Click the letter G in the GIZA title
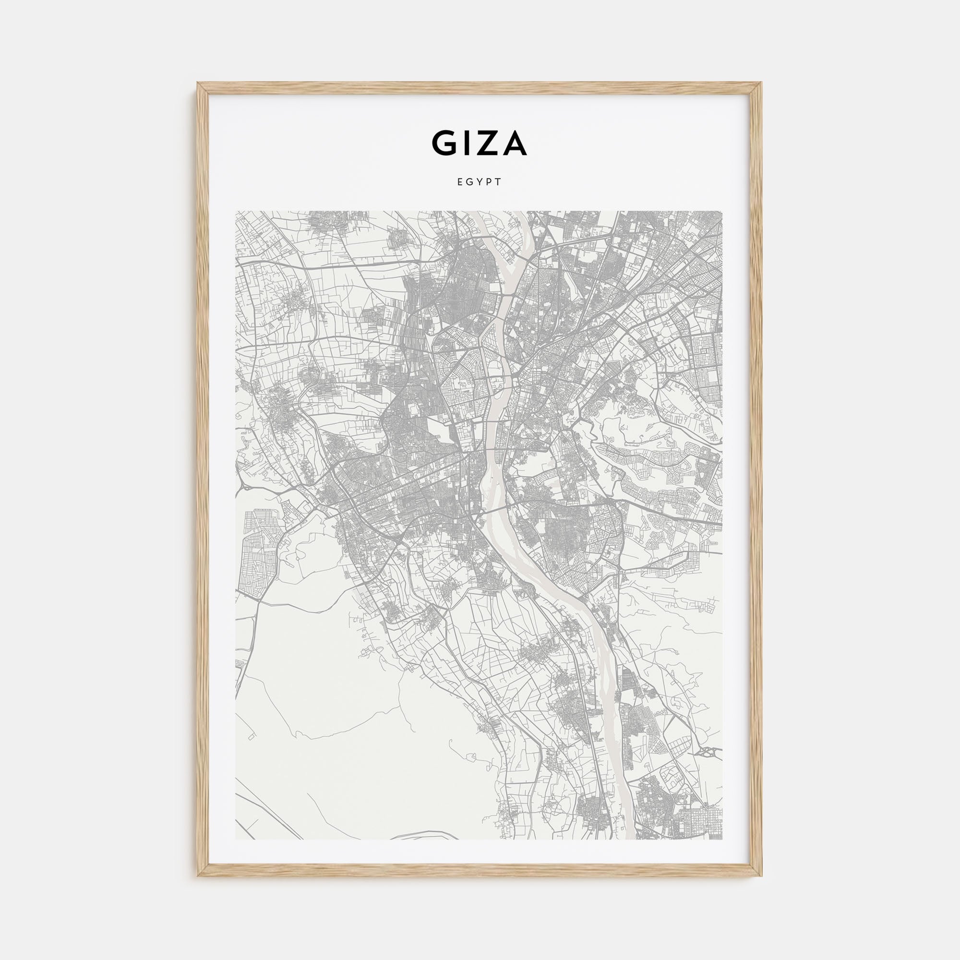445,143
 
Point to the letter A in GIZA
514,143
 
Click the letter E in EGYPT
460,182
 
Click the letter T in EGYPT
499,182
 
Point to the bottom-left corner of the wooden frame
199,874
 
